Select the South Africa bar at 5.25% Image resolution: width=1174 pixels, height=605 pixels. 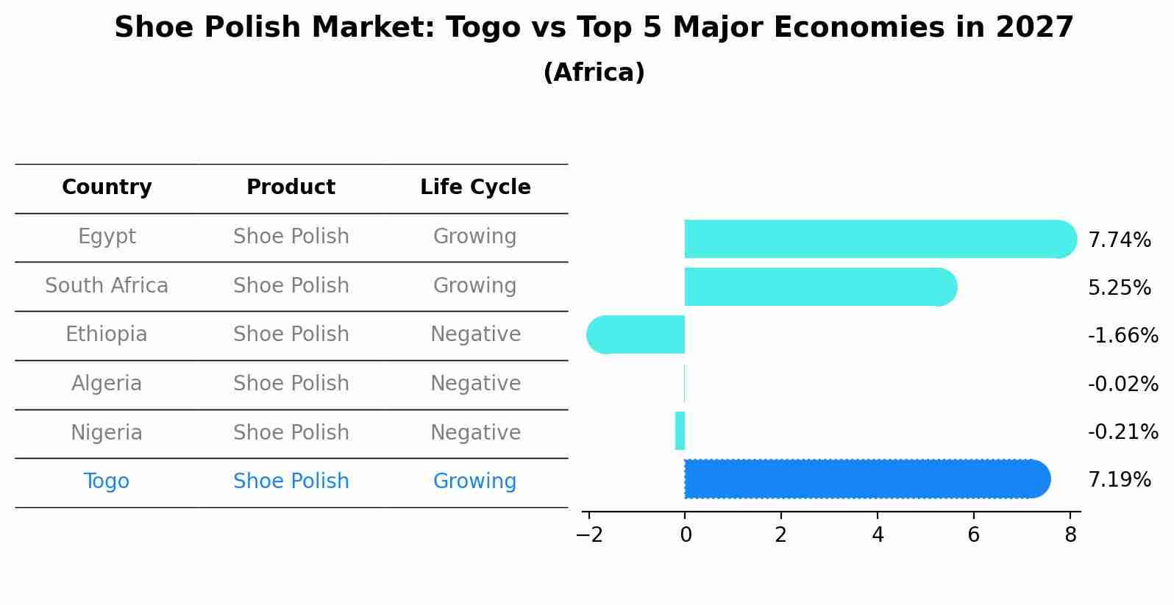[817, 287]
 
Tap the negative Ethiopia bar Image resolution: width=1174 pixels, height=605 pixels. [637, 334]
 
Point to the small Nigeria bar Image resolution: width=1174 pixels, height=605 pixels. [680, 431]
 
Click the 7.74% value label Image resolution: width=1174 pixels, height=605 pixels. [1119, 240]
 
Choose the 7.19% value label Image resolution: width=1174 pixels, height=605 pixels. [1119, 480]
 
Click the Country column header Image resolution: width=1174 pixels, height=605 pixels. [107, 187]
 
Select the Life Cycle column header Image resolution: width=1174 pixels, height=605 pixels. [475, 187]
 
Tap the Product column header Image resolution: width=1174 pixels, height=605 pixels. [291, 187]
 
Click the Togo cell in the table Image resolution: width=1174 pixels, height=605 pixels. [107, 482]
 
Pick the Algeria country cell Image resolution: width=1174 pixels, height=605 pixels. [107, 384]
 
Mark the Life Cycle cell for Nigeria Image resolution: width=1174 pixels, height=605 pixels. [475, 432]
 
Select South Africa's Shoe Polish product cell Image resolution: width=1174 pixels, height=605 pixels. [291, 285]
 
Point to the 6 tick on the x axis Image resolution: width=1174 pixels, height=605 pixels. [973, 535]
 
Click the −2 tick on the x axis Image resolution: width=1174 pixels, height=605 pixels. [589, 535]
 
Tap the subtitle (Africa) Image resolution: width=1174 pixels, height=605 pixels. [594, 73]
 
